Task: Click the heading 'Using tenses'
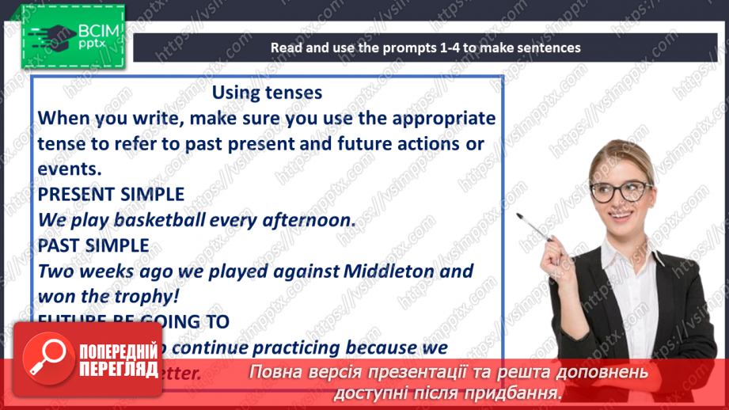pos(267,93)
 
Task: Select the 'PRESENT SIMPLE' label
pos(111,195)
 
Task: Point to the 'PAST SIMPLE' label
pos(93,245)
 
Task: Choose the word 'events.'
pos(70,169)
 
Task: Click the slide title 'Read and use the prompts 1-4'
pos(425,47)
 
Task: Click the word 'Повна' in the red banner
pos(275,372)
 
